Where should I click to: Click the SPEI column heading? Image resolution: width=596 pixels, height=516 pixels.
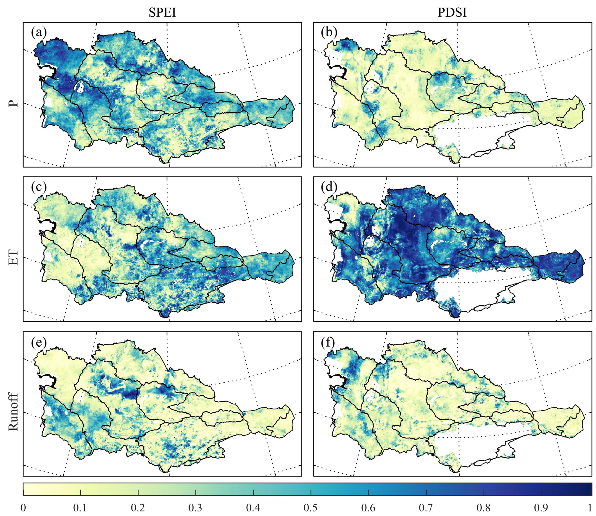162,13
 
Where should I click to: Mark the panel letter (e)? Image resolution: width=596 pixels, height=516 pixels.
39,343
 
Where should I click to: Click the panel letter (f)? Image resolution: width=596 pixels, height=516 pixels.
328,343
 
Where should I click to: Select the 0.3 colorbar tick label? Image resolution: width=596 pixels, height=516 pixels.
196,508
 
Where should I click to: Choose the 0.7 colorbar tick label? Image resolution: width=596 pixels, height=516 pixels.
426,508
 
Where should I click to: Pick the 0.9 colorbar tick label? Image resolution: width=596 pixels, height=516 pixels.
542,508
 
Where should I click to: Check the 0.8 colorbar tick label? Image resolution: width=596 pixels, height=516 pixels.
484,508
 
